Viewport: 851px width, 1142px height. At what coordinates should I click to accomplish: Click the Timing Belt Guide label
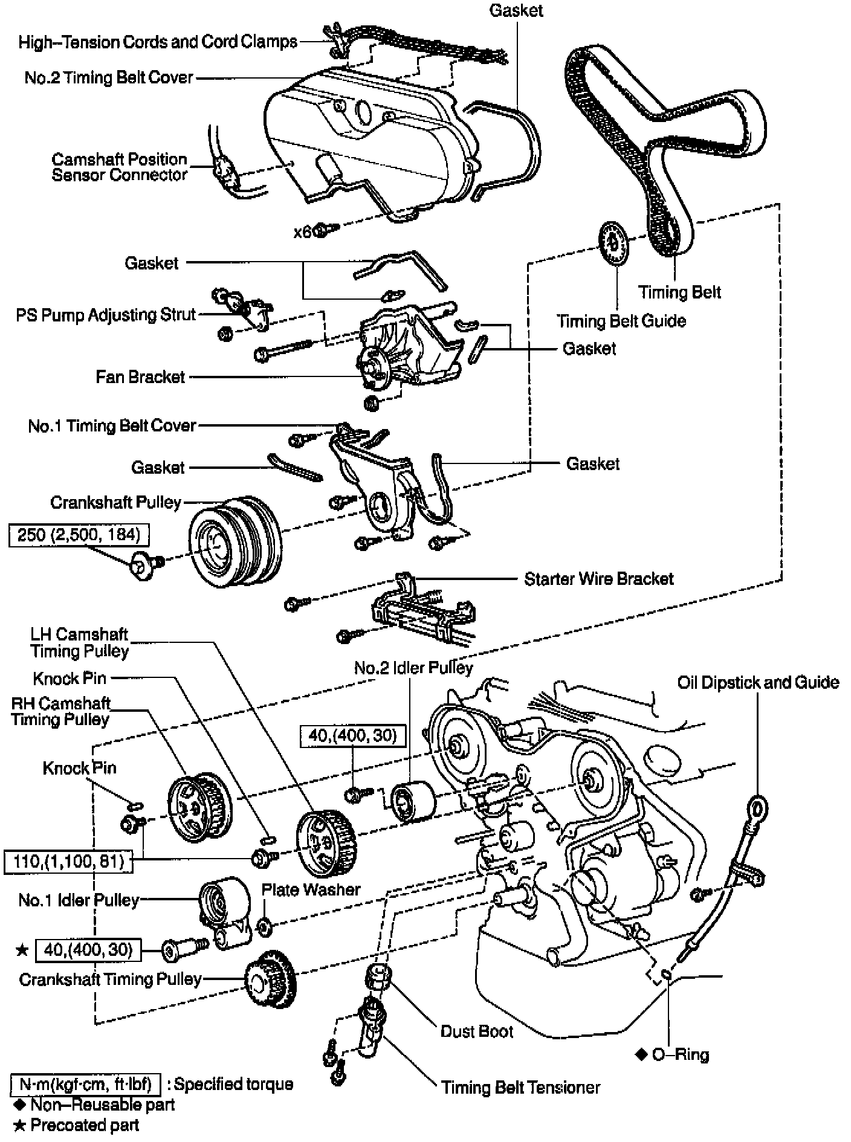(x=621, y=321)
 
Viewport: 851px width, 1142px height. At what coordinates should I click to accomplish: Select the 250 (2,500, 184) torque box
(x=79, y=535)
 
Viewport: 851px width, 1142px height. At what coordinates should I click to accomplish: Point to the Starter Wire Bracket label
(x=598, y=579)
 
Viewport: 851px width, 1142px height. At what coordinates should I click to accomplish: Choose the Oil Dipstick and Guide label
(x=758, y=683)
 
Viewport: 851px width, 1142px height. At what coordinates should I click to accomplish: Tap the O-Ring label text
(x=680, y=1055)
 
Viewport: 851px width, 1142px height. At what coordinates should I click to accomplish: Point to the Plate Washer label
(x=311, y=889)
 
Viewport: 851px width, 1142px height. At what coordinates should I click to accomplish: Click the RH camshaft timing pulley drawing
(x=198, y=807)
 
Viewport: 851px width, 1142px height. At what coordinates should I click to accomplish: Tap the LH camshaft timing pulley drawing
(x=325, y=845)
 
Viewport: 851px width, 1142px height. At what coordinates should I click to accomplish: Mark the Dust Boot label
(x=476, y=1031)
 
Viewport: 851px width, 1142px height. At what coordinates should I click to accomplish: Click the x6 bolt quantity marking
(x=302, y=232)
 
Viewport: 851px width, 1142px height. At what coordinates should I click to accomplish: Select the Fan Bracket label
(x=140, y=377)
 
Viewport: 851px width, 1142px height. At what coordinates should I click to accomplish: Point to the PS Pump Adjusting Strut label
(x=106, y=315)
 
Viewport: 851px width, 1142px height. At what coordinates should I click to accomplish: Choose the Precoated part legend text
(x=85, y=1125)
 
